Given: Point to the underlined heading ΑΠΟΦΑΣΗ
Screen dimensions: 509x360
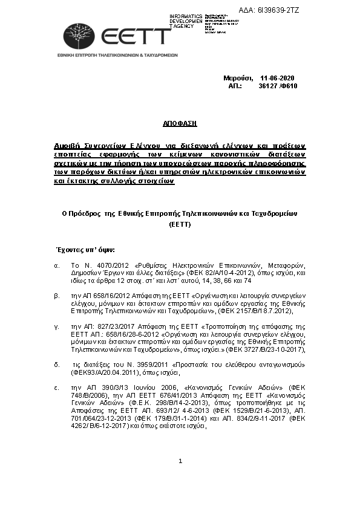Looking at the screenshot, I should pos(180,123).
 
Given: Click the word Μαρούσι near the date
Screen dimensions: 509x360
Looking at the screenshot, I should pos(238,79).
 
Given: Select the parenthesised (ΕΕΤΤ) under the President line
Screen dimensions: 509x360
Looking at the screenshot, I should pos(180,224).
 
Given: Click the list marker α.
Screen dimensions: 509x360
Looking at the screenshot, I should pos(56,265).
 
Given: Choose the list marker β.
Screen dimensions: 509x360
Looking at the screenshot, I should pos(56,296).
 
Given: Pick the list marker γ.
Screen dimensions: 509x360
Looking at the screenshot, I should pos(56,326).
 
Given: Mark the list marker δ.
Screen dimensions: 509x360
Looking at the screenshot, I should pos(56,364).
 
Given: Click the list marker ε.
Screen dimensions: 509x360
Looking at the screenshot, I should pos(56,386).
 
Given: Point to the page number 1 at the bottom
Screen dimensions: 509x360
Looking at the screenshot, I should pos(180,478).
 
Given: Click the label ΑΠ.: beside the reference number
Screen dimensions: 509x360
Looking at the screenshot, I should pos(235,86).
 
